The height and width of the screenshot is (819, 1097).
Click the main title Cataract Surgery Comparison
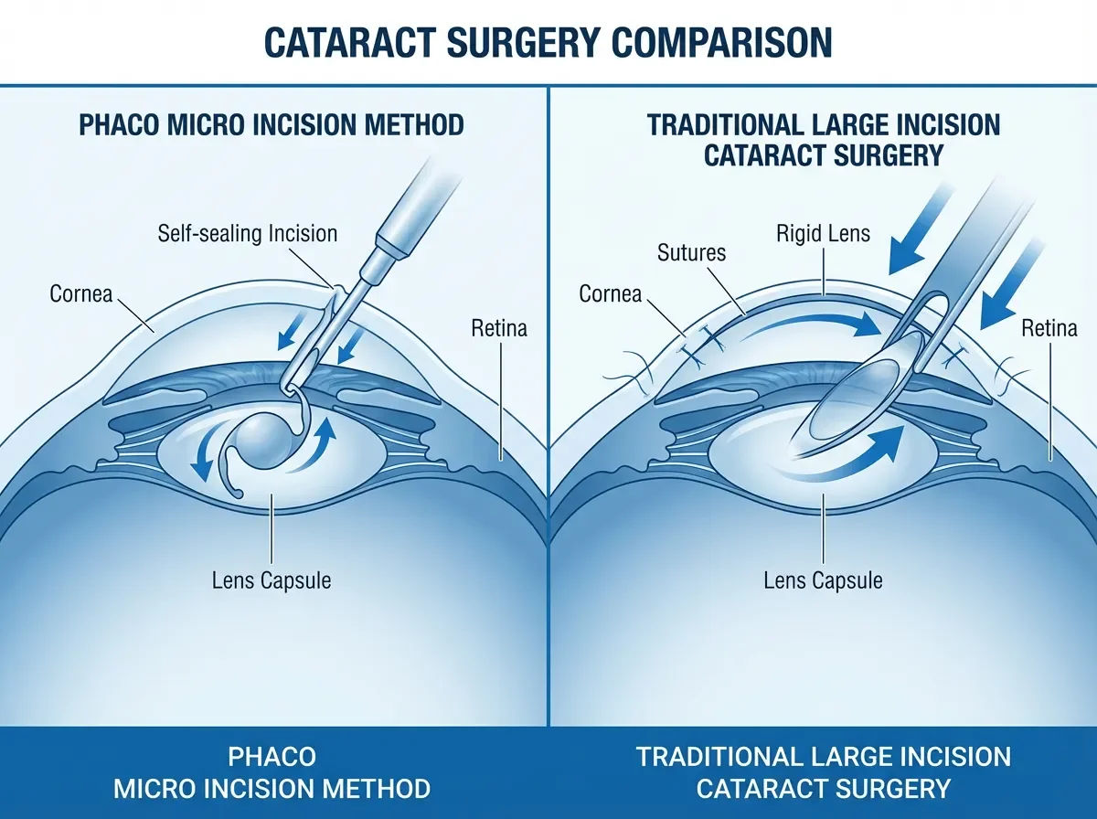pyautogui.click(x=548, y=42)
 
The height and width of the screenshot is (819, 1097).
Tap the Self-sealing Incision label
pyautogui.click(x=248, y=233)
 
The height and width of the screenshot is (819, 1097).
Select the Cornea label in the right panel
pyautogui.click(x=611, y=293)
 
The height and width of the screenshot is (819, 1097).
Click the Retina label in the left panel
pyautogui.click(x=499, y=327)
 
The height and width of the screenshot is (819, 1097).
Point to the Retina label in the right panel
pyautogui.click(x=1049, y=327)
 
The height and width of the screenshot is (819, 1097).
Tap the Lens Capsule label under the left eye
pyautogui.click(x=272, y=580)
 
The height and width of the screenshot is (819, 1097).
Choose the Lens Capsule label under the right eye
pyautogui.click(x=824, y=580)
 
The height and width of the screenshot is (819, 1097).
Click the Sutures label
pyautogui.click(x=692, y=251)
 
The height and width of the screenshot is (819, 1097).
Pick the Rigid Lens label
pyautogui.click(x=824, y=233)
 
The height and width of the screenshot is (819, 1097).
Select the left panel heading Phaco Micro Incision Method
pyautogui.click(x=272, y=124)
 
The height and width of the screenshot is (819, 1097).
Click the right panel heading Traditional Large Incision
pyautogui.click(x=824, y=124)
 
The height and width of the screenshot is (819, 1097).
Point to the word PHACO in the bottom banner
pyautogui.click(x=272, y=757)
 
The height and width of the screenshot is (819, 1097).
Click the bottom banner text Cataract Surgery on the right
pyautogui.click(x=824, y=788)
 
